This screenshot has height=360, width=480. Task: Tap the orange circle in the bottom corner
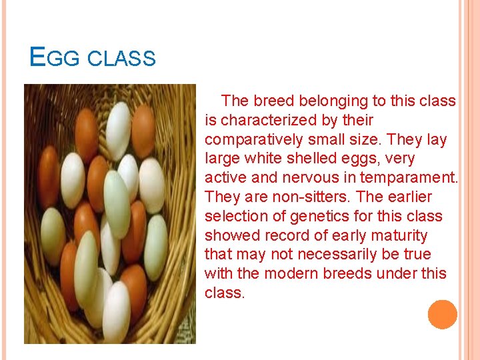pyautogui.click(x=442, y=315)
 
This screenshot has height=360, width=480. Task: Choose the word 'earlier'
pyautogui.click(x=407, y=197)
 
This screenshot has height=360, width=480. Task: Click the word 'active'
pyautogui.click(x=224, y=178)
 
